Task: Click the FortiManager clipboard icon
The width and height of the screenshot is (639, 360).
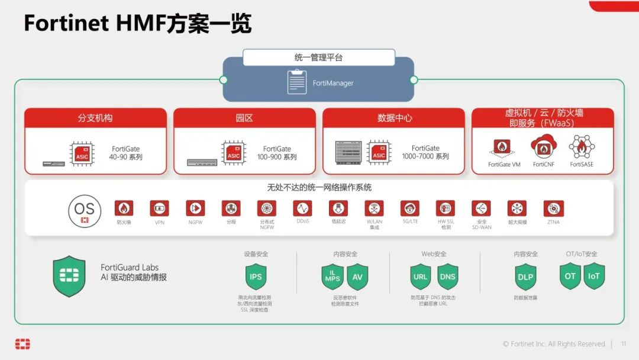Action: click(x=297, y=82)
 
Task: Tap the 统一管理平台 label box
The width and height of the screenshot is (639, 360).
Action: click(x=318, y=57)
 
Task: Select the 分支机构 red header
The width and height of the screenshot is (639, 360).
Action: click(x=95, y=118)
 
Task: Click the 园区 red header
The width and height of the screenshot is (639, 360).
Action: click(x=244, y=118)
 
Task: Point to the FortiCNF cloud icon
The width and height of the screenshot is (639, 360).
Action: click(x=543, y=146)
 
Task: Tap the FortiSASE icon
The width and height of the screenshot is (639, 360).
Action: click(x=582, y=146)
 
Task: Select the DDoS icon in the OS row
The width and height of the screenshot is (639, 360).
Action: click(x=302, y=208)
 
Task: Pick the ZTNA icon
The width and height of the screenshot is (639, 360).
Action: click(x=553, y=208)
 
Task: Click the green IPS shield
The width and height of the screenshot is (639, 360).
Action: click(x=256, y=277)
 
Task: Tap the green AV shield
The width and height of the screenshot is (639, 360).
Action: click(x=357, y=277)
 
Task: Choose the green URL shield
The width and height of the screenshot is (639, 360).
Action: click(x=421, y=277)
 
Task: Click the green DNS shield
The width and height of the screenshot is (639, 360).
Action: click(x=448, y=277)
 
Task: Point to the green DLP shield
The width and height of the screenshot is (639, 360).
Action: click(x=525, y=277)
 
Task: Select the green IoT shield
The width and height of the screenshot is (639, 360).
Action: click(x=594, y=276)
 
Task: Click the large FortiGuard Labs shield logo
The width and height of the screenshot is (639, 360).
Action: click(x=69, y=276)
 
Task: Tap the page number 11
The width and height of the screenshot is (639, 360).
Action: click(x=624, y=344)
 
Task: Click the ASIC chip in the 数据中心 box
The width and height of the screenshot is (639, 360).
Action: click(x=379, y=153)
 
